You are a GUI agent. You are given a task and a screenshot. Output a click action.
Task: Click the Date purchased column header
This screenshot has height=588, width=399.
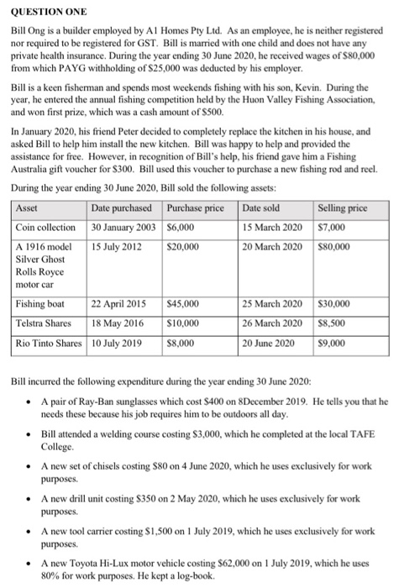tap(122, 207)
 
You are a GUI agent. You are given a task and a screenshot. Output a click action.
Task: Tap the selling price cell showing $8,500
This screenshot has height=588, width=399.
tap(333, 323)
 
